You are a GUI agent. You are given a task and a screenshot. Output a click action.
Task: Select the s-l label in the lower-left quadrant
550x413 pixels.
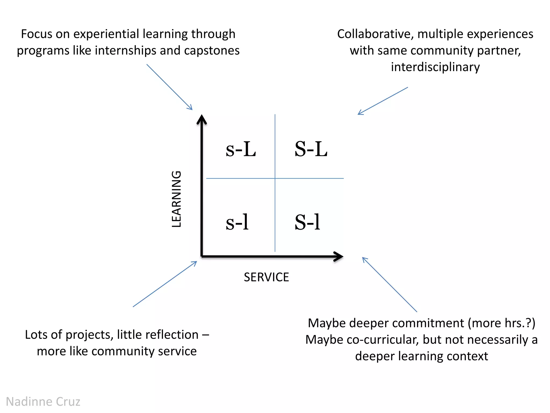[x=237, y=222]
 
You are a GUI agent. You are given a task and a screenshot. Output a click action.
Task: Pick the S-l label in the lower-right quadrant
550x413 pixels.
[x=307, y=222]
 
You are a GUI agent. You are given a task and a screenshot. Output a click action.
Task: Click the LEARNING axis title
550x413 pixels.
[x=177, y=199]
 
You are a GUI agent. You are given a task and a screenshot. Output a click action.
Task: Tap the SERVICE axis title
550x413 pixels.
[x=266, y=277]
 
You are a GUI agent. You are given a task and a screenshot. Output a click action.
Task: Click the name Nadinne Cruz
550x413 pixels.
[x=43, y=402]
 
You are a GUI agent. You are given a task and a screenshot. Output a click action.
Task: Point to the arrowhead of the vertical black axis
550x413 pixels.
[x=202, y=119]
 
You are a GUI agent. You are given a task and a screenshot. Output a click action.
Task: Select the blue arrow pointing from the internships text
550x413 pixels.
[x=169, y=87]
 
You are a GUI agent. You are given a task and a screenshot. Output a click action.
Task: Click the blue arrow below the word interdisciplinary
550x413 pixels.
[x=383, y=101]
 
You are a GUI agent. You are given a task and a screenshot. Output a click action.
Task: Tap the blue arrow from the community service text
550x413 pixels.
[x=165, y=284]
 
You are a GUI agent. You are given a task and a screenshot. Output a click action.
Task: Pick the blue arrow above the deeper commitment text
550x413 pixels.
[x=389, y=284]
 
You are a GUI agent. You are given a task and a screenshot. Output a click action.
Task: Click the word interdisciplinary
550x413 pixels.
[x=435, y=67]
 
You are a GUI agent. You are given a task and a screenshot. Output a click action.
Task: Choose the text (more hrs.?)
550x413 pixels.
[x=501, y=323]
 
